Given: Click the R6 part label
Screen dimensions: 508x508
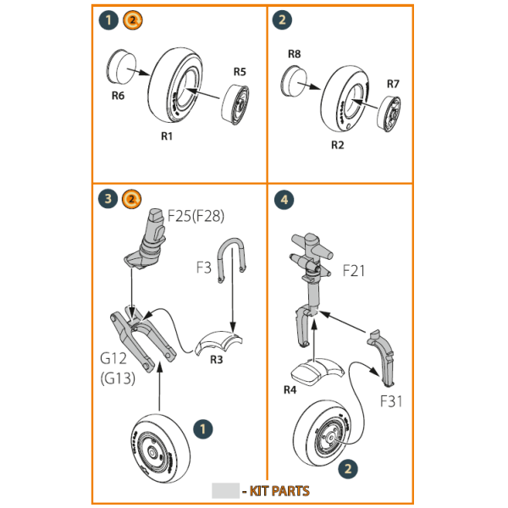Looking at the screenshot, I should pos(118,96).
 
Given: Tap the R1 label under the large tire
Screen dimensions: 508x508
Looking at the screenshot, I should pos(167,136).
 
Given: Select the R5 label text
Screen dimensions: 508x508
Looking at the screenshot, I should pos(240,72).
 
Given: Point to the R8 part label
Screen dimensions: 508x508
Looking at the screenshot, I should pos(294,54).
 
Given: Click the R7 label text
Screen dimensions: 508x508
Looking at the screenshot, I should pos(393,84).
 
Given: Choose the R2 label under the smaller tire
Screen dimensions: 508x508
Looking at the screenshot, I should pos(338,146).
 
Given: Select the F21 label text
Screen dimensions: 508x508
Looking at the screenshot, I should pos(354,271).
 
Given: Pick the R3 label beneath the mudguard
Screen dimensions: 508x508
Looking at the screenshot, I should pos(216,359).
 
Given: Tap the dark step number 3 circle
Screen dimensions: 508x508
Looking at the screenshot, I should pos(108,199).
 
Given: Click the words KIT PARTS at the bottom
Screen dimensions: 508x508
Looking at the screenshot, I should pos(279,491).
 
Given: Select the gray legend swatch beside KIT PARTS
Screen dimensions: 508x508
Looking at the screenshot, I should pos(225,491).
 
